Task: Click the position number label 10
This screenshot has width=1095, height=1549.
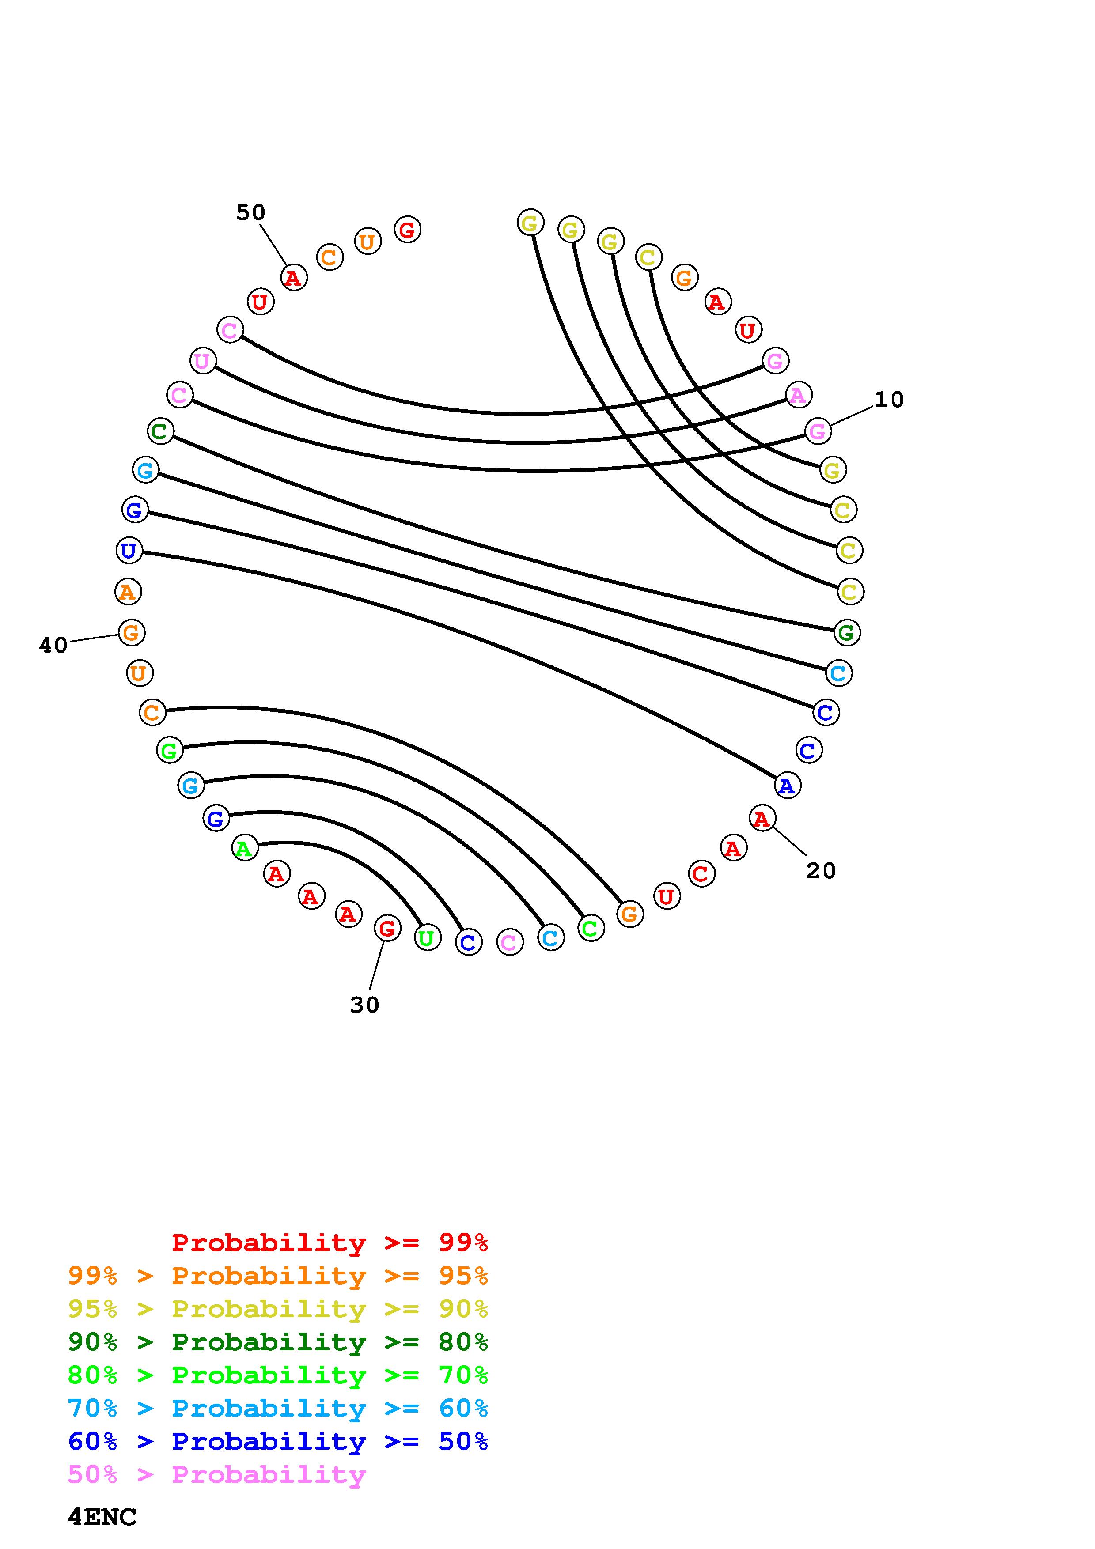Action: pyautogui.click(x=889, y=400)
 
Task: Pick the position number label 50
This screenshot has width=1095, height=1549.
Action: pyautogui.click(x=250, y=212)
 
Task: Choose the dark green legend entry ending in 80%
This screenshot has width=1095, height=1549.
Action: pyautogui.click(x=277, y=1342)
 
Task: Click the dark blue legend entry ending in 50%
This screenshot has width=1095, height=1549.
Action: pyautogui.click(x=277, y=1441)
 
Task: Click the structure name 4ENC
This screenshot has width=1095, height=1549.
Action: pyautogui.click(x=102, y=1517)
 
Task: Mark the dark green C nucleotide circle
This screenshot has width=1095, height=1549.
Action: pyautogui.click(x=160, y=431)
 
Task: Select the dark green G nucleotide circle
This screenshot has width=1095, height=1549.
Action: pyautogui.click(x=847, y=632)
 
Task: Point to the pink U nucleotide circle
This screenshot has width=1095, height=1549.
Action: pyautogui.click(x=202, y=361)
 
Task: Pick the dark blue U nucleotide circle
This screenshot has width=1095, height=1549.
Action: pyautogui.click(x=128, y=551)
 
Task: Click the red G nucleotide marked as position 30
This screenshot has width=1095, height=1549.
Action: pyautogui.click(x=387, y=928)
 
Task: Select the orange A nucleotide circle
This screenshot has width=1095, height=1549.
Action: pyautogui.click(x=128, y=592)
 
